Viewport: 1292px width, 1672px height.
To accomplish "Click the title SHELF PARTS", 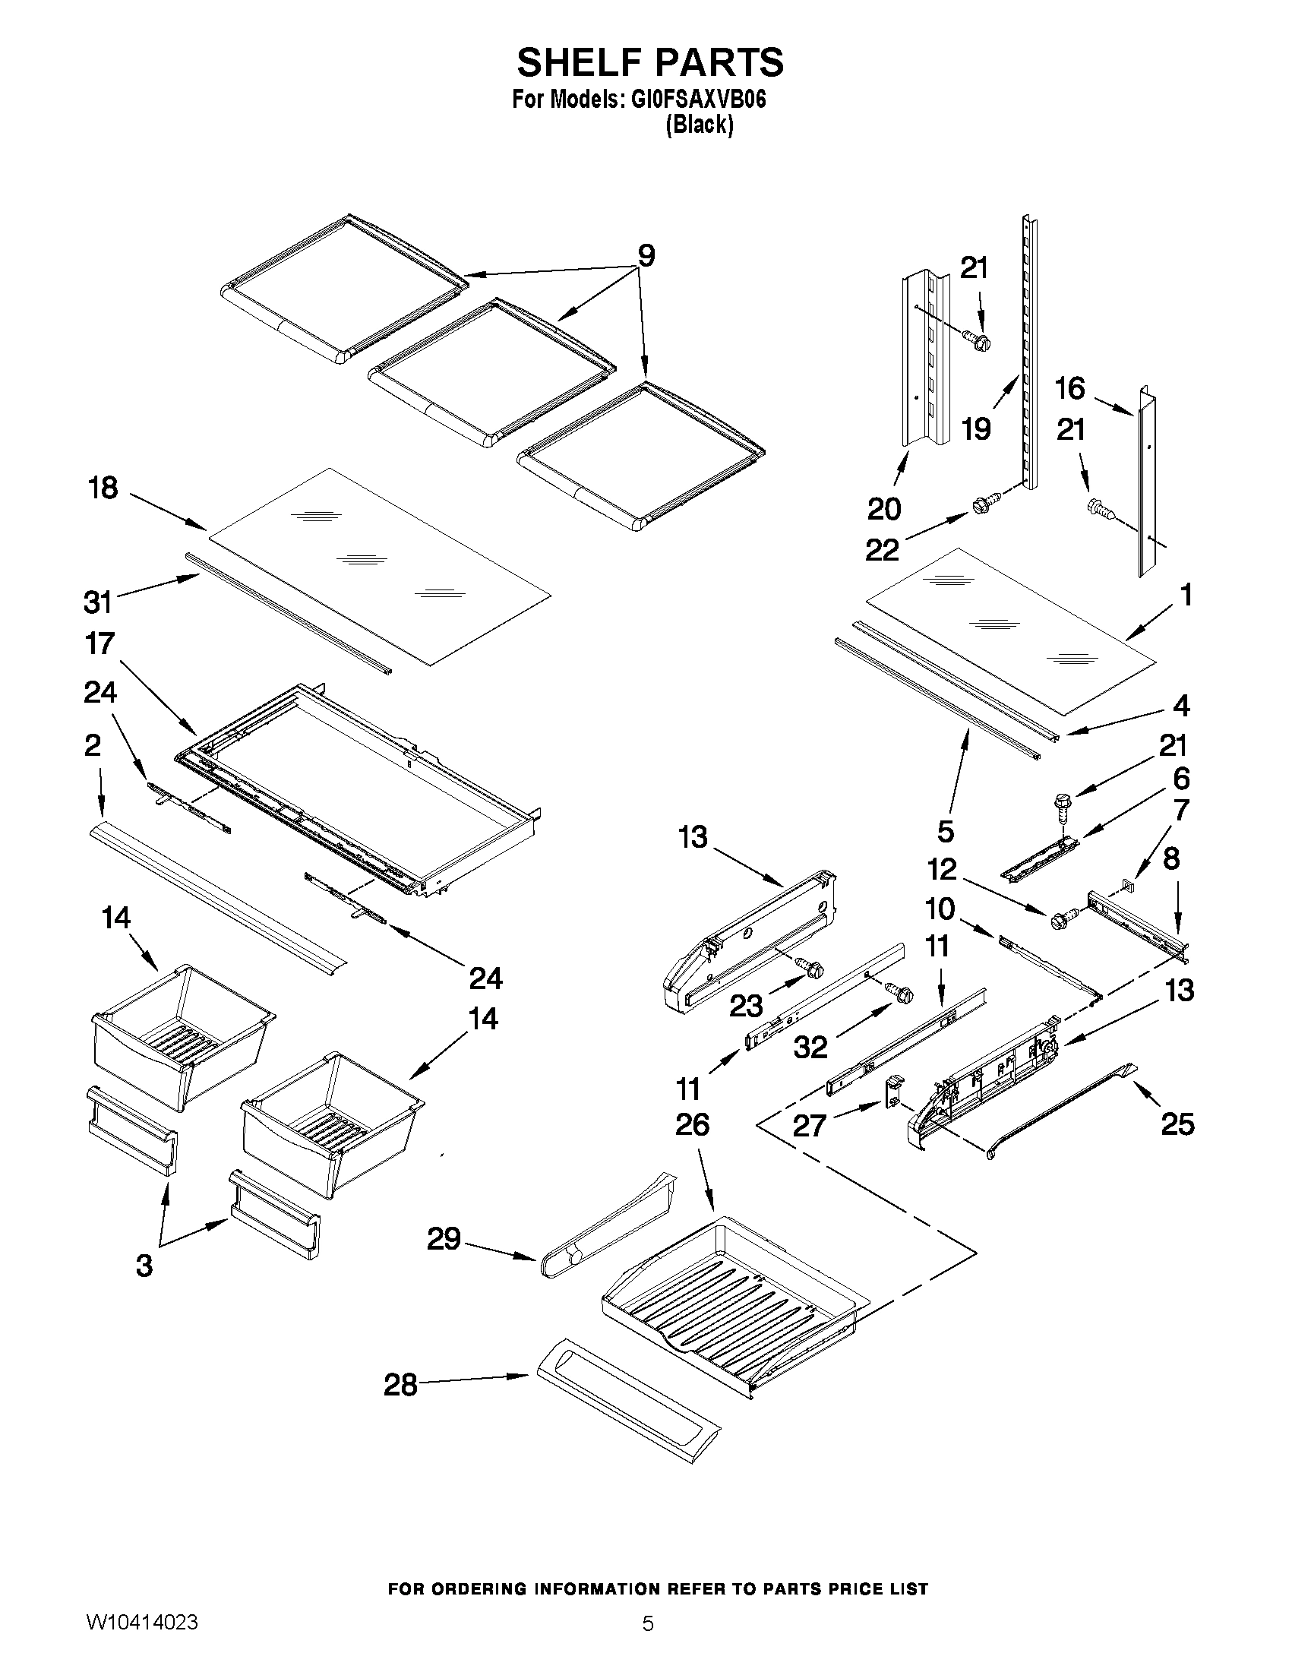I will pos(650,63).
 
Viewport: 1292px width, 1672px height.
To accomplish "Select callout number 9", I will pos(646,256).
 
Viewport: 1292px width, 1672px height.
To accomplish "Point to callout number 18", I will pos(104,488).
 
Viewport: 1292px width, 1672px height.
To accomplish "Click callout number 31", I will pos(98,602).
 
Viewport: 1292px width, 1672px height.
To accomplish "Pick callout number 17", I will pos(100,644).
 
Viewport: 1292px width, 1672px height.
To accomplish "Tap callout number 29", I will pos(444,1238).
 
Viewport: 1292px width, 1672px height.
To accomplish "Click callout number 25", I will pos(1177,1124).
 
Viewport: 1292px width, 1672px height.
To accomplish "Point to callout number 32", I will pos(810,1048).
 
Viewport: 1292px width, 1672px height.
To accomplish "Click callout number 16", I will pos(1070,389).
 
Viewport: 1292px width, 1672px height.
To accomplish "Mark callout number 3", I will pos(144,1266).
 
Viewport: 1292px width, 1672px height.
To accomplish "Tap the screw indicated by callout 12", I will pos(1063,918).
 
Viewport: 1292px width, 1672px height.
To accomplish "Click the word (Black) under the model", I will pos(699,125).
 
